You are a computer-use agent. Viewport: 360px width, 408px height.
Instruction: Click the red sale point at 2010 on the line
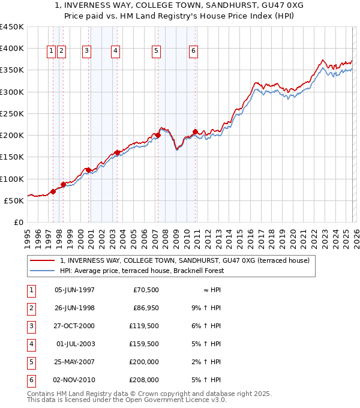(196, 131)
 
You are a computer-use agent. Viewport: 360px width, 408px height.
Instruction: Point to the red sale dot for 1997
(53, 191)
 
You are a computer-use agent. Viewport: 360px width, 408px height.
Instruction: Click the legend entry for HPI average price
(142, 271)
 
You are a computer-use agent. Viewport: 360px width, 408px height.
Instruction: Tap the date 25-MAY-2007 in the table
(74, 362)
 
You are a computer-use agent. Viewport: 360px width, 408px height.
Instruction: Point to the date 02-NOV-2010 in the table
(74, 380)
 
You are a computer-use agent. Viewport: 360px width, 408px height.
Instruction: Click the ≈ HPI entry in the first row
(208, 290)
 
